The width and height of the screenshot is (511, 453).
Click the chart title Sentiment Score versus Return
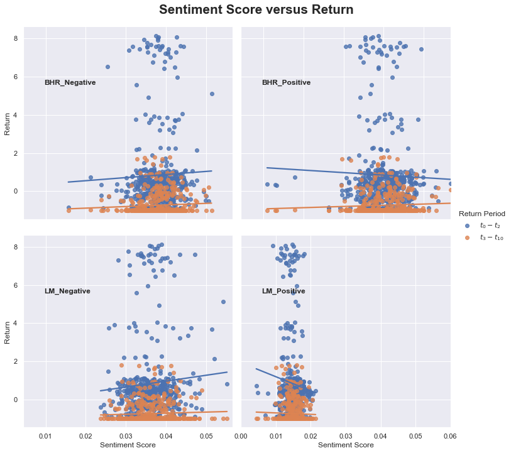(x=256, y=10)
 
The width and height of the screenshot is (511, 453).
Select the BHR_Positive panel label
(x=286, y=82)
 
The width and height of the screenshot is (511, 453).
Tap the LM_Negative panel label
(x=67, y=291)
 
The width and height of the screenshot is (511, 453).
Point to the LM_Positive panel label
(x=283, y=291)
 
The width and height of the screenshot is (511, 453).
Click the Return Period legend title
(x=482, y=214)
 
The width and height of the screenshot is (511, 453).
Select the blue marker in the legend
(x=466, y=225)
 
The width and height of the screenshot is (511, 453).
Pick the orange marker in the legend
(x=466, y=237)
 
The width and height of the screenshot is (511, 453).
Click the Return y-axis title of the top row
(x=8, y=123)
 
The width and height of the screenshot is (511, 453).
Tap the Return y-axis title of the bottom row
(x=8, y=332)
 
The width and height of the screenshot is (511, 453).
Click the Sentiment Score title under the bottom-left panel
(x=128, y=445)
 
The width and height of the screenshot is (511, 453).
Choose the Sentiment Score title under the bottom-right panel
(x=346, y=445)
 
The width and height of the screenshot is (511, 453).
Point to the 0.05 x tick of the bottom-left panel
(x=206, y=435)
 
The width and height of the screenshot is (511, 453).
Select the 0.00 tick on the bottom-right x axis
(x=241, y=435)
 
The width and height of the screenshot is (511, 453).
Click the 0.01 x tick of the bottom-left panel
(x=46, y=435)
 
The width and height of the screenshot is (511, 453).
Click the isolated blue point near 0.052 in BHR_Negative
(x=212, y=94)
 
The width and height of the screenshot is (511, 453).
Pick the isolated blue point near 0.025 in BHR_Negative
(x=107, y=67)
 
